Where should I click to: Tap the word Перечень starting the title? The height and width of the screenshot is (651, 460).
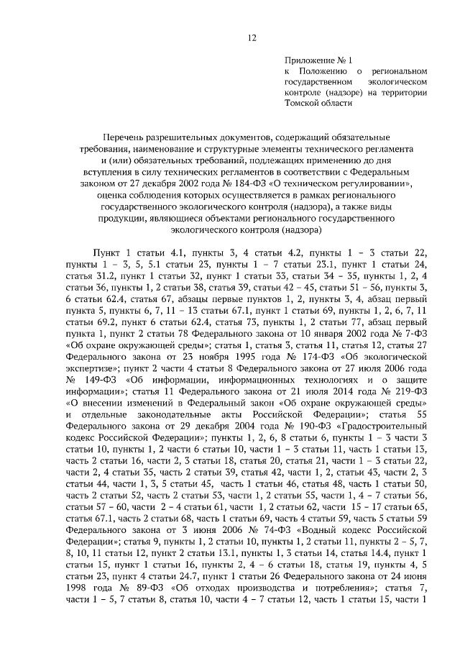click(126, 137)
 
